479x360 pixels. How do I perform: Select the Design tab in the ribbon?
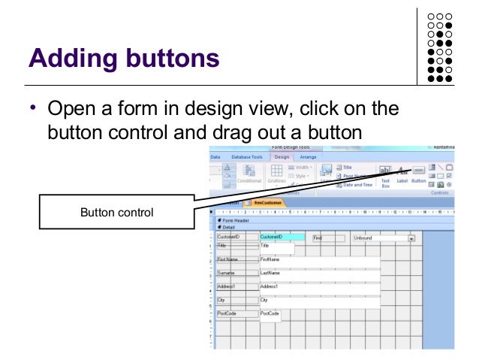[x=282, y=156]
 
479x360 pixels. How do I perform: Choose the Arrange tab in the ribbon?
[x=308, y=156]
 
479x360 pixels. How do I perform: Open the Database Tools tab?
[x=246, y=156]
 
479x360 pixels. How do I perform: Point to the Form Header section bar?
[x=236, y=219]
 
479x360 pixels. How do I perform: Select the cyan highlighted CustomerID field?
[x=282, y=237]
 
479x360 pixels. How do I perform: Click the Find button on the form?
[x=327, y=237]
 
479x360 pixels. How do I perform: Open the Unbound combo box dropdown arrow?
[x=411, y=238]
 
